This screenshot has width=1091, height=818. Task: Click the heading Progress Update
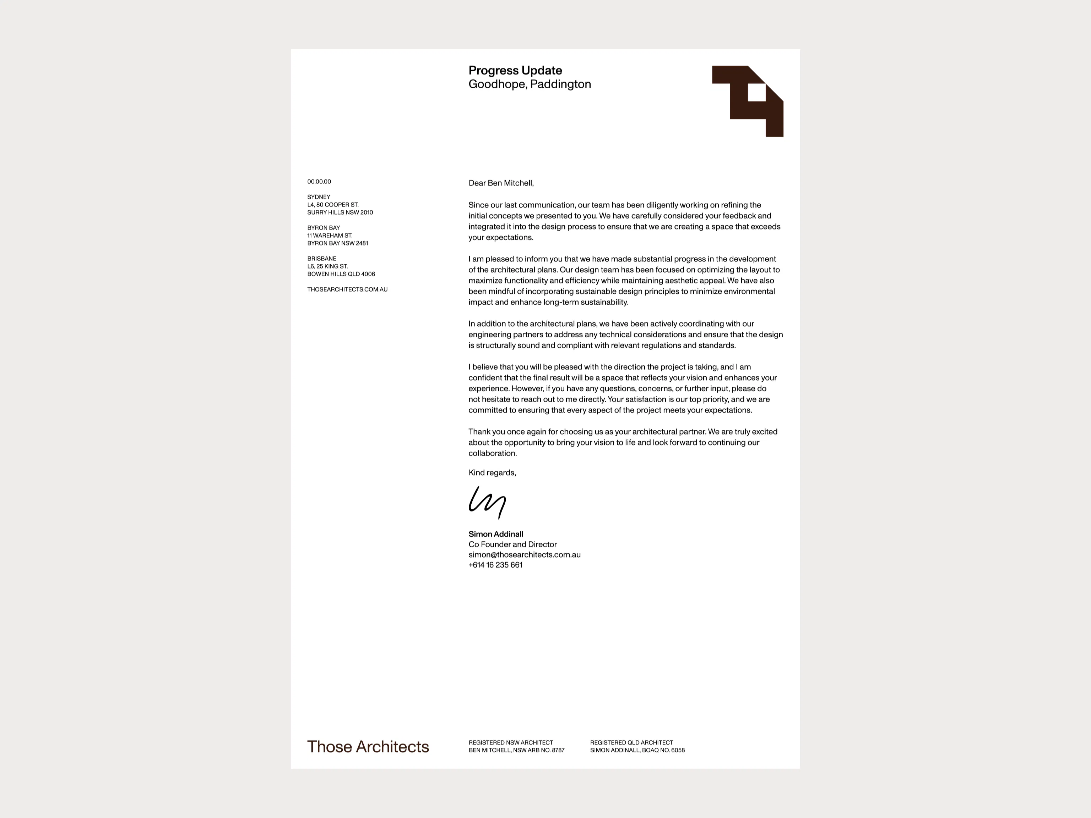point(515,71)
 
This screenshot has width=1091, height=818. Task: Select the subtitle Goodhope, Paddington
point(529,84)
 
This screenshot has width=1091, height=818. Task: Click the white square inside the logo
point(756,93)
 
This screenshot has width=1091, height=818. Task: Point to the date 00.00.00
point(319,182)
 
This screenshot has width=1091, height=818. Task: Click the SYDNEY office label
point(319,197)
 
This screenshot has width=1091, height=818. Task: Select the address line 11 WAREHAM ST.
point(330,236)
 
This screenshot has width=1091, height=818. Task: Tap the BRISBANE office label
point(321,259)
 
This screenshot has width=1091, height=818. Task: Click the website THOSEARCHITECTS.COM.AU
point(347,290)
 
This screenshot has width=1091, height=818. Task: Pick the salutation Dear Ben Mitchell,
point(501,183)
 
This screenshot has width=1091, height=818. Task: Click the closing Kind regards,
point(492,473)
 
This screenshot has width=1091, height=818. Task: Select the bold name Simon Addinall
point(496,534)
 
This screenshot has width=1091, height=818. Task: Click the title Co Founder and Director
point(512,545)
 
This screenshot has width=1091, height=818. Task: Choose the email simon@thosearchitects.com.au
point(524,555)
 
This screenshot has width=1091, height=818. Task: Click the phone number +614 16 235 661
point(495,565)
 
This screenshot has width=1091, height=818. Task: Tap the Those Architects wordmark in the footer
point(368,747)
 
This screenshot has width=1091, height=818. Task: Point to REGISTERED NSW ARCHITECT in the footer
point(510,742)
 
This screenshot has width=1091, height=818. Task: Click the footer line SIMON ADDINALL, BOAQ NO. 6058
point(637,751)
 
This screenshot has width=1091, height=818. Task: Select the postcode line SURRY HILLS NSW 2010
point(340,213)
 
